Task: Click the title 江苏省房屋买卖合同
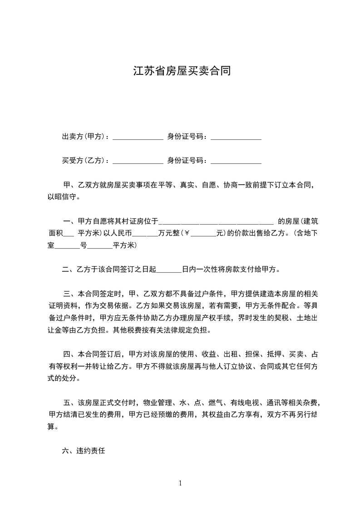pos(182,71)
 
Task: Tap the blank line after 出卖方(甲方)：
pos(138,137)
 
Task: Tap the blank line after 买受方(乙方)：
pos(138,161)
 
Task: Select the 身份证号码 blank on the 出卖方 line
pos(236,137)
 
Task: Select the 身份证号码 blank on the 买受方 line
pos(236,161)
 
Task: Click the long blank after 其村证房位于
pos(217,222)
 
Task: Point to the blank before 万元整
pos(145,235)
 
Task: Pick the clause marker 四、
pos(69,354)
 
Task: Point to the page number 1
pos(180,483)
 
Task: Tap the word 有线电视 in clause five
pos(245,402)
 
